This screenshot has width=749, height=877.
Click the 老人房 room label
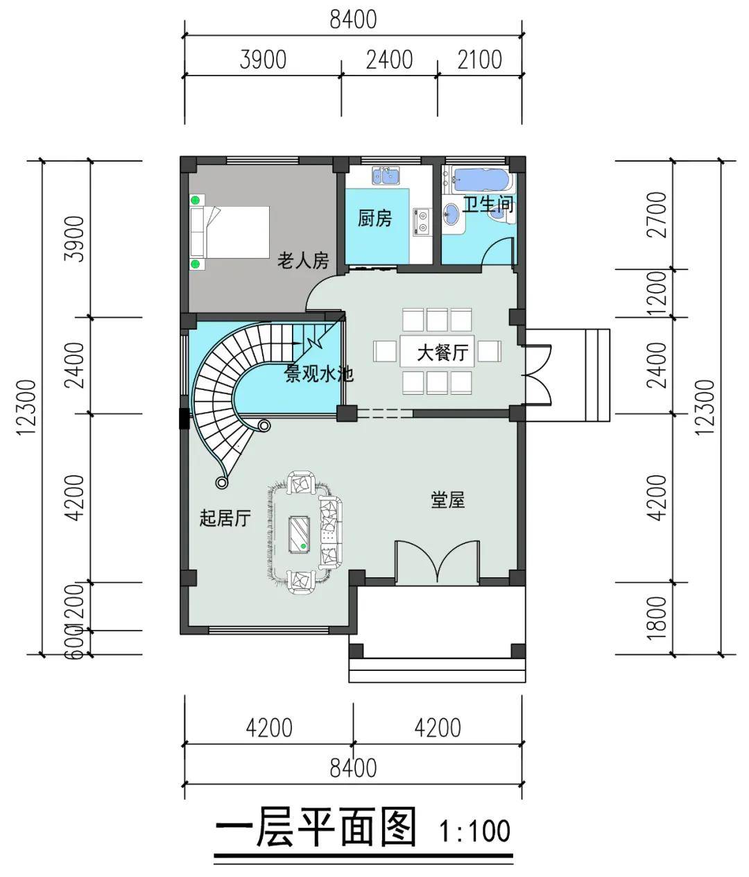(303, 260)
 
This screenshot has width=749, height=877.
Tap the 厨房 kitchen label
(374, 219)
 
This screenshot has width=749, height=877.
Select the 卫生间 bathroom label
(488, 205)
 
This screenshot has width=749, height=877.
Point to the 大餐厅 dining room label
(442, 352)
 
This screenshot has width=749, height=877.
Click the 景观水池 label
(319, 374)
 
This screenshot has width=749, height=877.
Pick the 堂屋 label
(448, 500)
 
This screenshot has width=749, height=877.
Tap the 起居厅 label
(225, 518)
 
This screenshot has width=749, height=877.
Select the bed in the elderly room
(230, 232)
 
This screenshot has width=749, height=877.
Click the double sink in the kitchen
(386, 176)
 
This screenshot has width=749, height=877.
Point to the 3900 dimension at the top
(263, 60)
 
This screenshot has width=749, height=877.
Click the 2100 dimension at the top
(480, 60)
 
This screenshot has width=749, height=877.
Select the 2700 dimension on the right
(657, 214)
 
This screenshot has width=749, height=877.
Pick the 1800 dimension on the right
(657, 619)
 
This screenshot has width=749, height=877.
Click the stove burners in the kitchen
(422, 221)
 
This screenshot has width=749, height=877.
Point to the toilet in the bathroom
(501, 214)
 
